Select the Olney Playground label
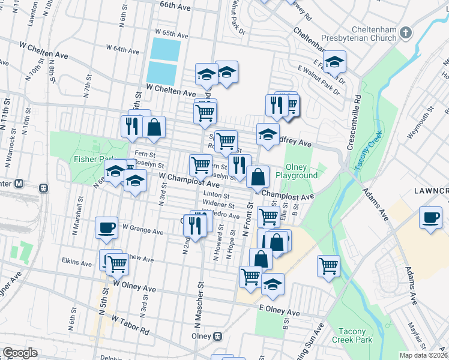[297, 171]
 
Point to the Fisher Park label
[89, 159]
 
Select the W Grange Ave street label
[143, 230]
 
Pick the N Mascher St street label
[197, 312]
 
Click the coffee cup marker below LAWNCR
[430, 217]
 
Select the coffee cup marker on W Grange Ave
[107, 227]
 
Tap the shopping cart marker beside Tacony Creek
[328, 265]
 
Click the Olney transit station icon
[218, 336]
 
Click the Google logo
[20, 353]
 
